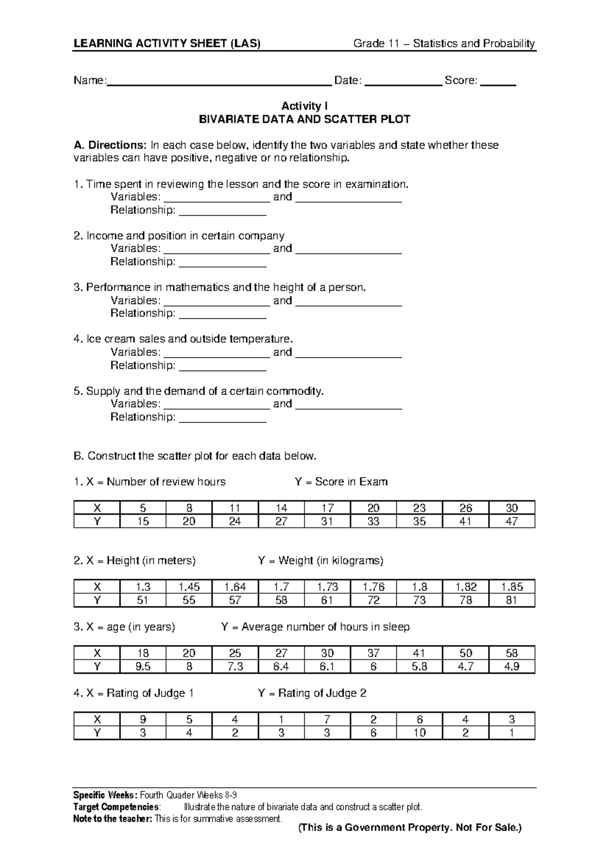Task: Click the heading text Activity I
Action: click(304, 106)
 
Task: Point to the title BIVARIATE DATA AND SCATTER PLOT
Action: click(304, 120)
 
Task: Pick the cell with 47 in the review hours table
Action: click(512, 521)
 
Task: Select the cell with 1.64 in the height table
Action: click(235, 587)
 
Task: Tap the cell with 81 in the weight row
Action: click(512, 600)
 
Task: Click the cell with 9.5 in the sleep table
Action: click(143, 667)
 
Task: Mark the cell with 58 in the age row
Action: click(512, 653)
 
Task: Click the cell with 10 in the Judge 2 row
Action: click(420, 733)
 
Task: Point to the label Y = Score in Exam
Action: click(341, 482)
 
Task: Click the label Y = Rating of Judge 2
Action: click(312, 693)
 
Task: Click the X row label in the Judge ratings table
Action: click(97, 719)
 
